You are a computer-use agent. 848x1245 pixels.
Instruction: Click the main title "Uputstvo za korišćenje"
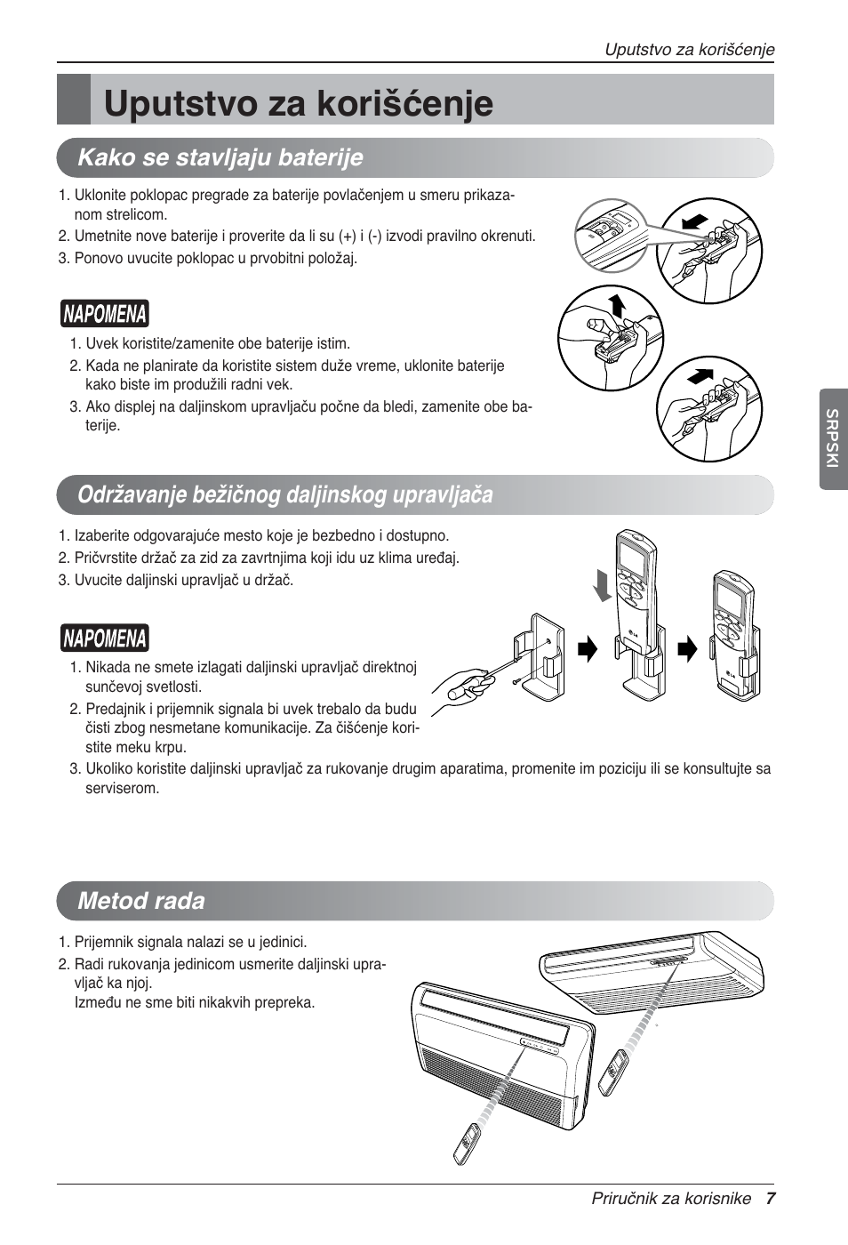click(298, 102)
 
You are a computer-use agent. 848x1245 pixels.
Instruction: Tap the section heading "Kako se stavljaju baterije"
click(220, 158)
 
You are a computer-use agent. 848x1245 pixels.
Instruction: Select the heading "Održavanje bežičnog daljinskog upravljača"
click(284, 494)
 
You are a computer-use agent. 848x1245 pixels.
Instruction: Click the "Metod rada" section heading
click(141, 901)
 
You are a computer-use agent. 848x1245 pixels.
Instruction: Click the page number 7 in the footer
click(771, 1198)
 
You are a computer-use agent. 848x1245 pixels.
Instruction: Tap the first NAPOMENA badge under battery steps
click(104, 315)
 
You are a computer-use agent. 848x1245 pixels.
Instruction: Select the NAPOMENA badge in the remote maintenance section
click(104, 639)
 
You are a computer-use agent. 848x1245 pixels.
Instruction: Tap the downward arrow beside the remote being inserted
click(604, 585)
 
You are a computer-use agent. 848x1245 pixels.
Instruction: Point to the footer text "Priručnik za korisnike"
click(671, 1198)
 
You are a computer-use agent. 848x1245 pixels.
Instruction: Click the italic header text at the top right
click(689, 50)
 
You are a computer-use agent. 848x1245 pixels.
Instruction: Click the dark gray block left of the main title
click(74, 100)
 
